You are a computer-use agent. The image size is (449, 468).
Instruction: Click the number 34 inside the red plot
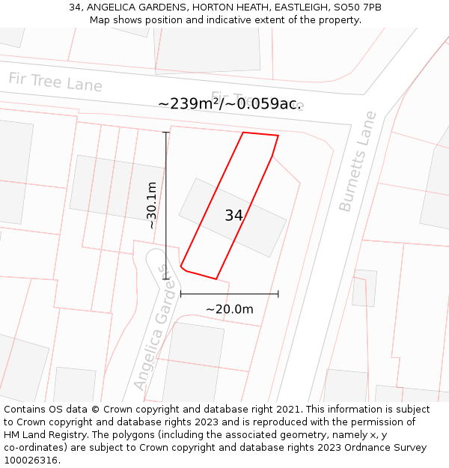point(233,216)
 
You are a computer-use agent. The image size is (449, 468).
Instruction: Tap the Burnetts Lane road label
point(358,161)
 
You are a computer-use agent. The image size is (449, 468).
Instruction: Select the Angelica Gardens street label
point(156,327)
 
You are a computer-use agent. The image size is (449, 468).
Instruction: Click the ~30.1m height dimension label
point(152,205)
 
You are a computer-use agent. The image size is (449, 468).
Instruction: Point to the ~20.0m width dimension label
point(229,309)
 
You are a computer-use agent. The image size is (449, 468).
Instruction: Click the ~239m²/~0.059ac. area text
point(230,104)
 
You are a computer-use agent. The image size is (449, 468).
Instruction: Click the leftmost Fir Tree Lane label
point(55,82)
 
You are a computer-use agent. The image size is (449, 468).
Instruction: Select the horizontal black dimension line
point(229,294)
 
